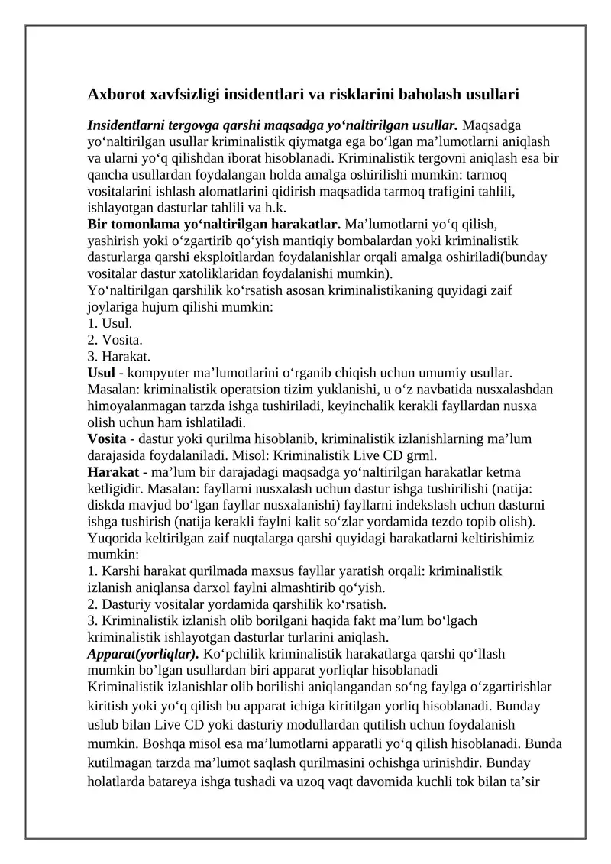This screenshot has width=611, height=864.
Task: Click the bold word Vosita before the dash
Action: (x=106, y=439)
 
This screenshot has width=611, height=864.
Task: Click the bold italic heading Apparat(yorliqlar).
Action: (x=144, y=655)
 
